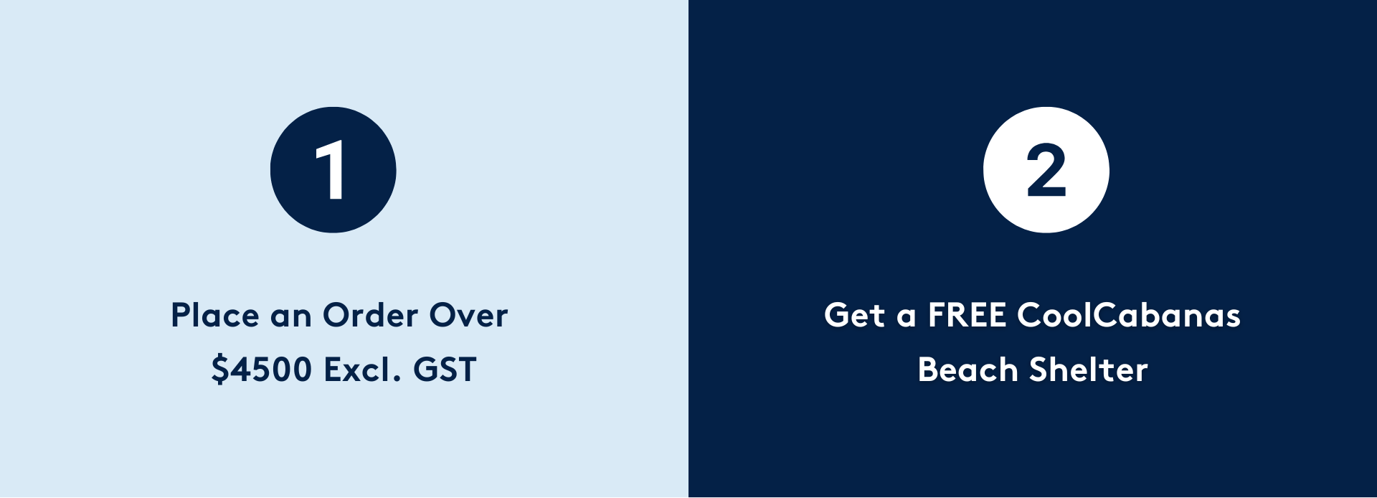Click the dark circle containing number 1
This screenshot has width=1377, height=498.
tap(333, 170)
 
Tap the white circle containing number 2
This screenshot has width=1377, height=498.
tap(1046, 170)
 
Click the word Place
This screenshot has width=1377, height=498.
tap(215, 315)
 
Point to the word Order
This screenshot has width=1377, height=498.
tap(370, 315)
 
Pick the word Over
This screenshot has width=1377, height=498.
tap(468, 315)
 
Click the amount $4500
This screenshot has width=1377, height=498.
tap(262, 370)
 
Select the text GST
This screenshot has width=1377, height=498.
tap(445, 370)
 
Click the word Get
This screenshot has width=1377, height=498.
tap(854, 315)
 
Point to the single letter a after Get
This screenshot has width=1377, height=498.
tap(907, 318)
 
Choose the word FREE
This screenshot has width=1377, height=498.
tap(967, 315)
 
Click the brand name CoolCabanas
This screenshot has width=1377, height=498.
tap(1129, 315)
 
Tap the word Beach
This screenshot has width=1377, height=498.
tap(967, 370)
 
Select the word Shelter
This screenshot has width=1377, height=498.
tap(1089, 370)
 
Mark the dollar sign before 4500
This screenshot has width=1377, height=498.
tap(220, 370)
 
